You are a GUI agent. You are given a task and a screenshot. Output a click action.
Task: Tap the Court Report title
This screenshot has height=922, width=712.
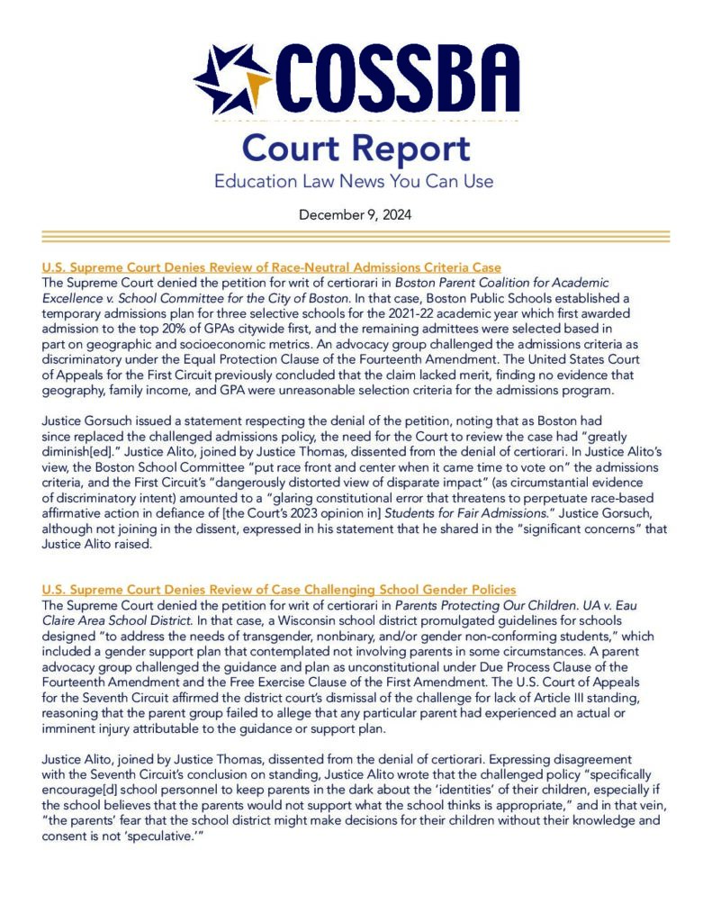356,148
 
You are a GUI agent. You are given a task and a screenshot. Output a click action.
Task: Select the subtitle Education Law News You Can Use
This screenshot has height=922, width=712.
354,181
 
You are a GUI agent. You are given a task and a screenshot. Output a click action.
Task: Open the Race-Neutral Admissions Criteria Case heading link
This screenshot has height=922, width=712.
272,267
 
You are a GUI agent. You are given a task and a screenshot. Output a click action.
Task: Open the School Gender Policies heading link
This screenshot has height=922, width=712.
279,589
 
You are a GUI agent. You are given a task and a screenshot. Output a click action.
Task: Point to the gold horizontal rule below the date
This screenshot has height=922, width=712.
356,236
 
